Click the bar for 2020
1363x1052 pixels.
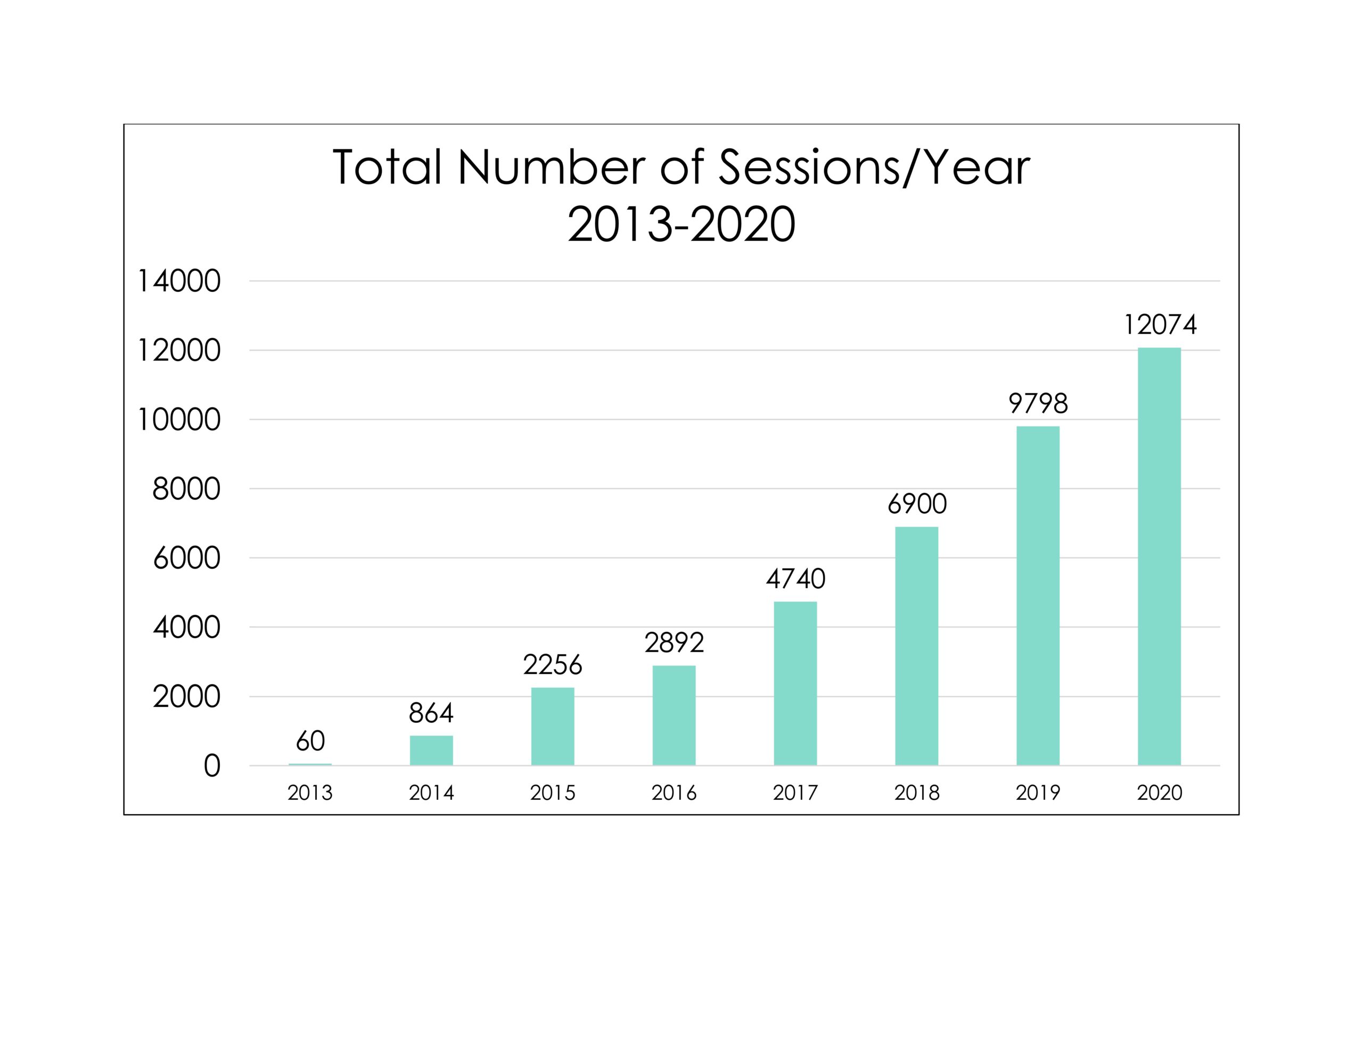pos(1159,556)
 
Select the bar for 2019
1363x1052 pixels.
pos(1038,596)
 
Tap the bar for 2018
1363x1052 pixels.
pos(916,646)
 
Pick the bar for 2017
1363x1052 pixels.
pos(795,683)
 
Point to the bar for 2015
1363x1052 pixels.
pos(552,727)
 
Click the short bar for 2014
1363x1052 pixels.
pos(431,750)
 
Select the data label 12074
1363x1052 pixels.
pos(1160,325)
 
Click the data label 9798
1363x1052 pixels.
pos(1038,404)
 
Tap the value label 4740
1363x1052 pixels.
pos(795,579)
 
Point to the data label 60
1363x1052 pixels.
pos(310,741)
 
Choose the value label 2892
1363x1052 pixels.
pos(674,642)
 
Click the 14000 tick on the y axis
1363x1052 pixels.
pos(179,281)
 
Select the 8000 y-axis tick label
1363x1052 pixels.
pos(186,489)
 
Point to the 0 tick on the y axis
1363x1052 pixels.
pos(212,766)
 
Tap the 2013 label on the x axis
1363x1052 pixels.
pos(310,792)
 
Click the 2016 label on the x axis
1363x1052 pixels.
pos(674,792)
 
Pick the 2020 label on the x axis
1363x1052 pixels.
pos(1160,792)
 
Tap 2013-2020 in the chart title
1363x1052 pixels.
pos(681,224)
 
